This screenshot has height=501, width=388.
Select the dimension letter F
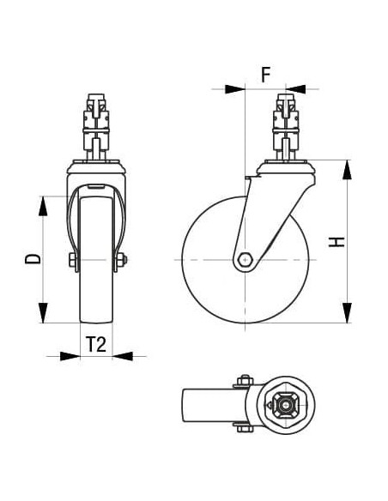tap(266, 74)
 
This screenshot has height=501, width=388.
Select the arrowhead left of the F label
tap(233, 88)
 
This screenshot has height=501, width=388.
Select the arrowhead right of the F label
tap(297, 88)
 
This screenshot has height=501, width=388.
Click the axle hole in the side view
tap(246, 259)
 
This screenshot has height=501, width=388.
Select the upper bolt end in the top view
tap(243, 379)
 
